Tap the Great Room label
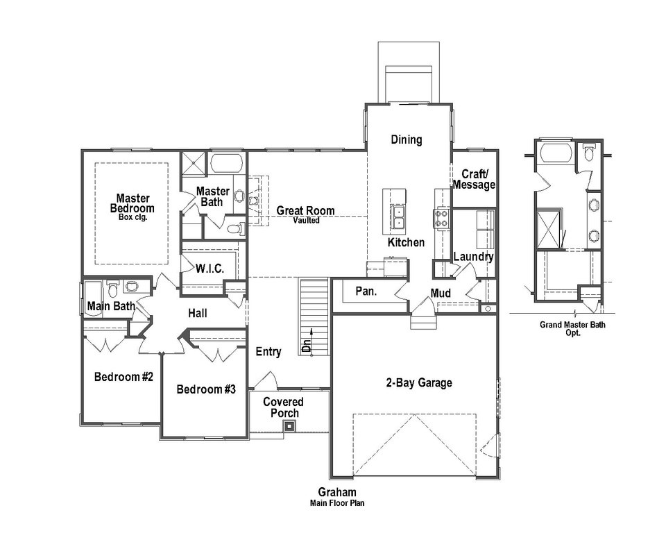click(x=305, y=211)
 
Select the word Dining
click(x=406, y=139)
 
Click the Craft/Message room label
click(x=475, y=179)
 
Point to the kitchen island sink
click(x=398, y=217)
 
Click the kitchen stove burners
click(x=442, y=218)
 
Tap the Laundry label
click(x=473, y=257)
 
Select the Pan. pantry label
click(x=366, y=291)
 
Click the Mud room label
click(x=441, y=293)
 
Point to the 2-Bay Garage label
click(x=419, y=382)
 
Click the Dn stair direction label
click(x=307, y=343)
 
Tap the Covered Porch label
click(x=283, y=407)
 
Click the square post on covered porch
click(x=289, y=425)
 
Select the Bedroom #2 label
click(x=123, y=377)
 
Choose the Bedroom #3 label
click(x=206, y=389)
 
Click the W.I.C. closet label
click(x=210, y=269)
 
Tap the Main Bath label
click(x=111, y=306)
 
